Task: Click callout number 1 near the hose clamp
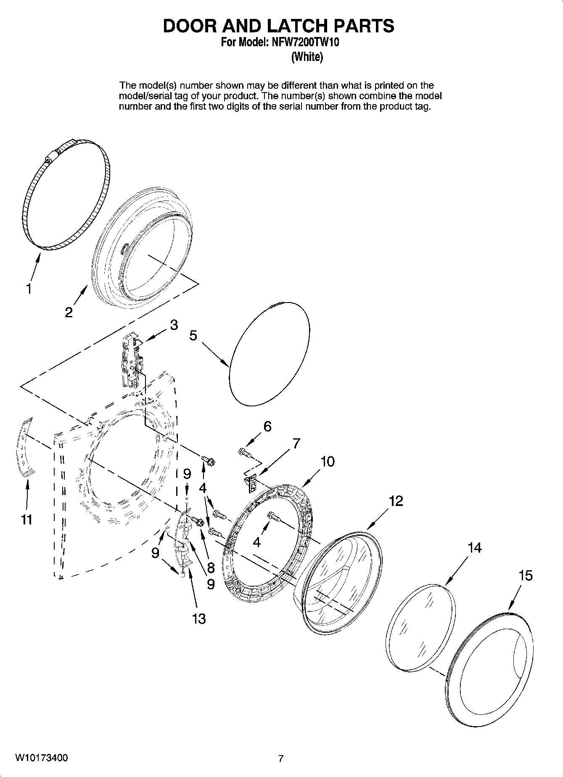click(x=29, y=290)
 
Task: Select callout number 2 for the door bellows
click(x=69, y=312)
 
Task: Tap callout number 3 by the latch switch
click(x=174, y=325)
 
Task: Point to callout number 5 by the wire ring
click(x=193, y=335)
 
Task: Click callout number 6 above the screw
click(x=267, y=427)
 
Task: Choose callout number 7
click(x=296, y=443)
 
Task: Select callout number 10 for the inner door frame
click(x=328, y=461)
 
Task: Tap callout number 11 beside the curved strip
click(x=26, y=520)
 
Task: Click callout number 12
click(x=396, y=500)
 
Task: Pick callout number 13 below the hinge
click(x=199, y=618)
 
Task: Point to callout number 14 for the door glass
click(x=474, y=548)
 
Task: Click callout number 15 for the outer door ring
click(x=526, y=575)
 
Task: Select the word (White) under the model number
click(x=307, y=57)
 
